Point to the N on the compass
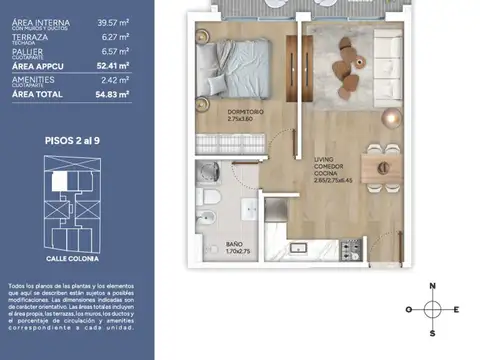432,288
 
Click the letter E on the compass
456,310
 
